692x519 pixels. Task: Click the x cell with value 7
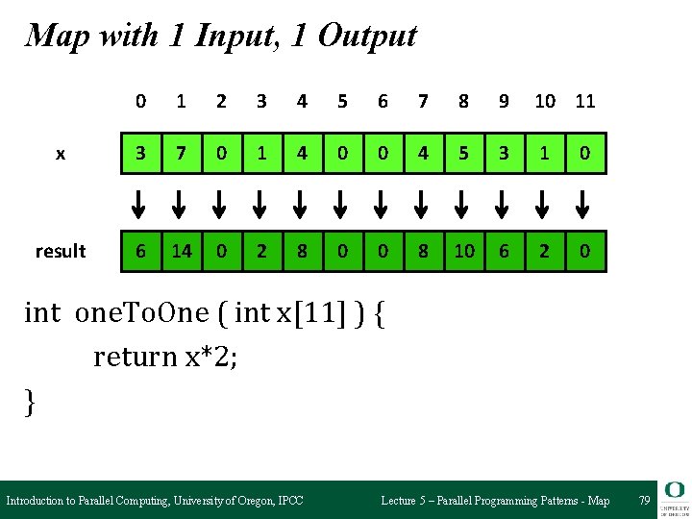[x=181, y=153]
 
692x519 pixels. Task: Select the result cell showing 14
[x=181, y=251]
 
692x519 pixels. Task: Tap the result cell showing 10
[x=463, y=251]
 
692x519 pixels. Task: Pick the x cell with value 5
[x=463, y=153]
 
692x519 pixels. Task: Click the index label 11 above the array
[x=584, y=101]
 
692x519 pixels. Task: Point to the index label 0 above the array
[x=141, y=101]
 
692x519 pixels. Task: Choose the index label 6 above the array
[x=383, y=101]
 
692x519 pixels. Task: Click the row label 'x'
[x=61, y=154]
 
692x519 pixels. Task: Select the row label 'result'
[x=61, y=252]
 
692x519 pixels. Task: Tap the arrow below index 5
[x=343, y=203]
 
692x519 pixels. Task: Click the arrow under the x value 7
[x=181, y=203]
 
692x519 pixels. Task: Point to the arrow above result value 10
[x=463, y=203]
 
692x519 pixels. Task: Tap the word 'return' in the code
[x=129, y=358]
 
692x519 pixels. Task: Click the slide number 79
[x=644, y=501]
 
